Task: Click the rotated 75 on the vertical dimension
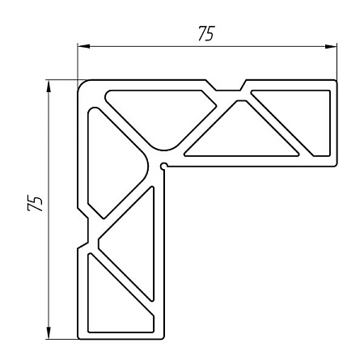click(35, 203)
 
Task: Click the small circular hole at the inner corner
click(164, 167)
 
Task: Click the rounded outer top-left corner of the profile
click(82, 83)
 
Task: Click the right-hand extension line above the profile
click(336, 61)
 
